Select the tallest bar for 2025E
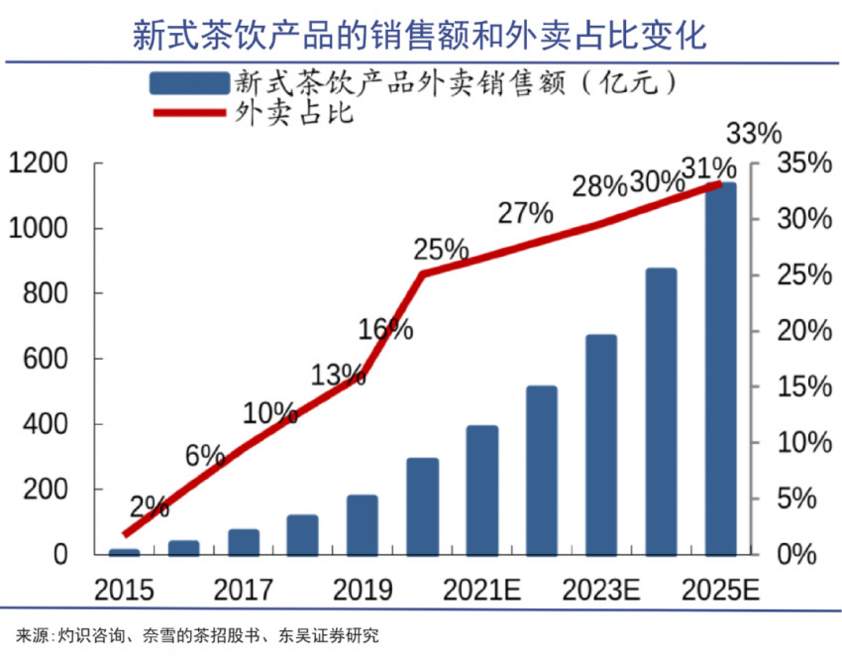point(720,369)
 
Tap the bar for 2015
point(124,551)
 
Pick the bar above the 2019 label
point(362,525)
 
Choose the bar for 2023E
point(601,445)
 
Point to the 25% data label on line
point(441,249)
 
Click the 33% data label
point(754,134)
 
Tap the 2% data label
point(149,507)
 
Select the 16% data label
point(385,329)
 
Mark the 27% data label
point(524,212)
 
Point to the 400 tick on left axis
point(46,424)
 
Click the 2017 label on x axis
point(243,591)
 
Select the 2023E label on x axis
point(601,591)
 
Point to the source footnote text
point(197,635)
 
